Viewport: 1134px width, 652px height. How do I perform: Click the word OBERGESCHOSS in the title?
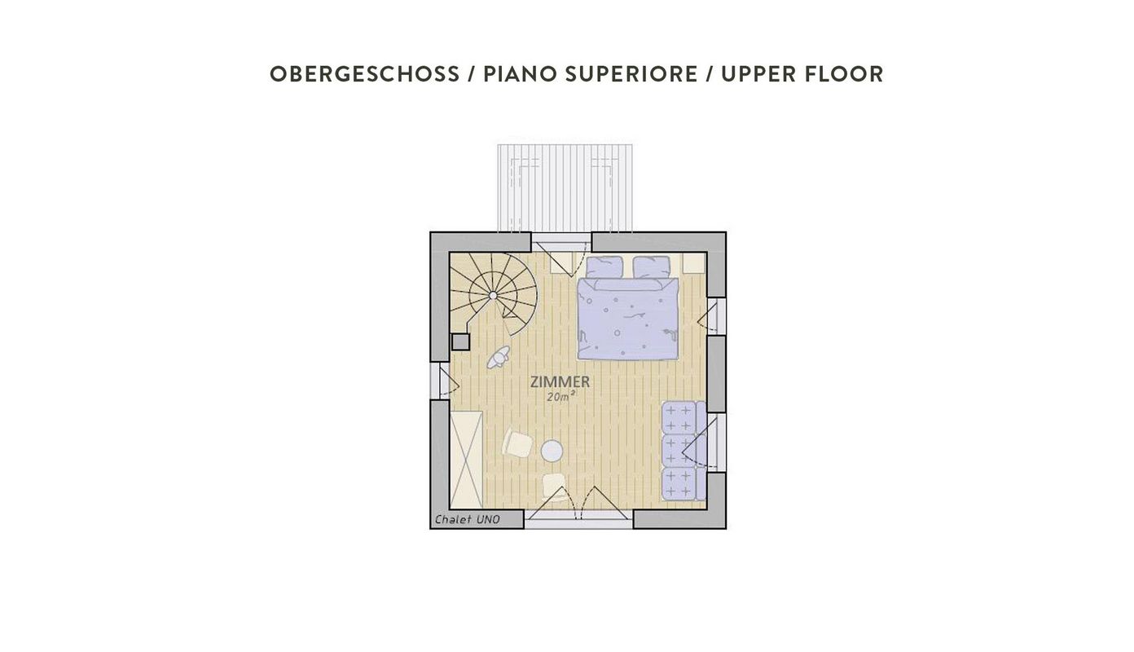coord(364,74)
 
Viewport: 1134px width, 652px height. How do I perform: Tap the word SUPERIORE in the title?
coord(631,74)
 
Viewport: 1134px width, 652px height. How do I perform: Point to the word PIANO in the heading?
coord(521,74)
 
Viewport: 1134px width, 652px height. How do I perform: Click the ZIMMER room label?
coord(560,381)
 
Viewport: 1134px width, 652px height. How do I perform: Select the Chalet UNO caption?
coord(468,519)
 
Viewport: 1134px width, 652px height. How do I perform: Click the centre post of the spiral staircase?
coord(493,295)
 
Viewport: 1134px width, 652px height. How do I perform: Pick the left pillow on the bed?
coord(604,267)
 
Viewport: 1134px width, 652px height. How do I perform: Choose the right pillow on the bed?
coord(652,267)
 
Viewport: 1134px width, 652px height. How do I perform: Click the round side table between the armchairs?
coord(552,451)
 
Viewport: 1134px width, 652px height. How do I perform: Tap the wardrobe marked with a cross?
coord(466,460)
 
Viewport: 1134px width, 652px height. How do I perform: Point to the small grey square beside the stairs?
coord(460,342)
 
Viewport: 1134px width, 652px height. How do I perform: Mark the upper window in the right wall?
coord(716,317)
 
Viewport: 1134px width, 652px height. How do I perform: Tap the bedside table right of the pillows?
coord(693,263)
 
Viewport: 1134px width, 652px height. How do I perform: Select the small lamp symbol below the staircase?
coord(498,357)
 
